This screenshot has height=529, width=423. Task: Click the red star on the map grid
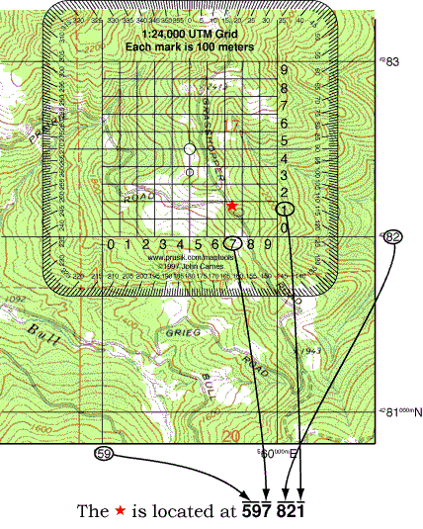[231, 205]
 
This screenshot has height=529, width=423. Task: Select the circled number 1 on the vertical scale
[285, 210]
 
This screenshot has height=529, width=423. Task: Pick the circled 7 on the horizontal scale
[232, 243]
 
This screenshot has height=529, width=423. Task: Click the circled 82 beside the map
[394, 237]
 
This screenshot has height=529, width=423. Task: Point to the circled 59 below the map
[102, 454]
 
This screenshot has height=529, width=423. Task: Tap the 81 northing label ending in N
[396, 413]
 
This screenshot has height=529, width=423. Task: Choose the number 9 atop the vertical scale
[284, 71]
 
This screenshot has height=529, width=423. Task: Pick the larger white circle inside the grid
[190, 149]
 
